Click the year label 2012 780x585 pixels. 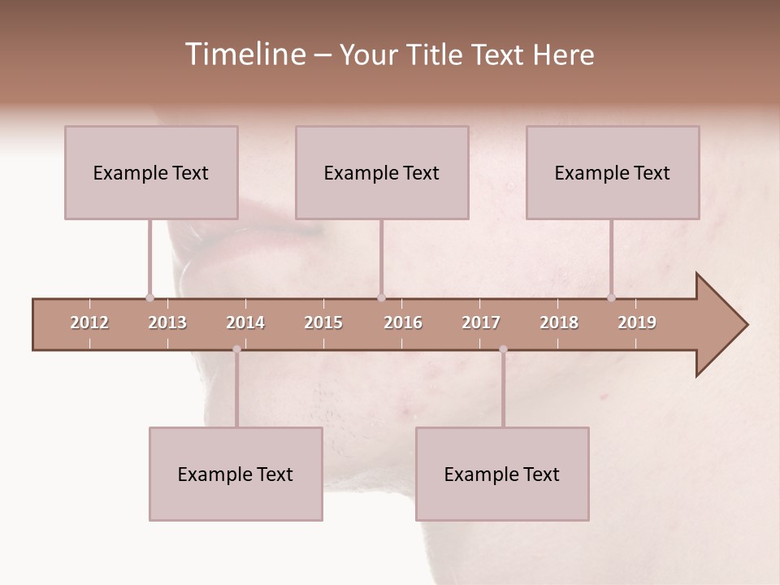tap(89, 323)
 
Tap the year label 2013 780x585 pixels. tap(167, 323)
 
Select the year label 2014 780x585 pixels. tap(245, 323)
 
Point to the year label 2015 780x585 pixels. tap(323, 323)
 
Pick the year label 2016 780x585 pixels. tap(403, 323)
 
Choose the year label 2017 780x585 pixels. tap(481, 323)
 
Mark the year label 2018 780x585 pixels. tap(559, 323)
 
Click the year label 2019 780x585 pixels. tap(637, 323)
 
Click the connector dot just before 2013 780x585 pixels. tap(149, 297)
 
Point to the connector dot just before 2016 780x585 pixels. tap(381, 297)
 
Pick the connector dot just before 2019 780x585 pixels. tap(611, 297)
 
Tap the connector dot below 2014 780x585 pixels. tap(236, 349)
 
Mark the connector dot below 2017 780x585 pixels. tap(503, 349)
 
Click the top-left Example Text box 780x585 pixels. tap(151, 172)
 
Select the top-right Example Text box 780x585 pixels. tap(613, 172)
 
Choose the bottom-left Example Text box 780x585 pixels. tap(236, 474)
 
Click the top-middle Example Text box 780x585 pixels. tap(382, 172)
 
